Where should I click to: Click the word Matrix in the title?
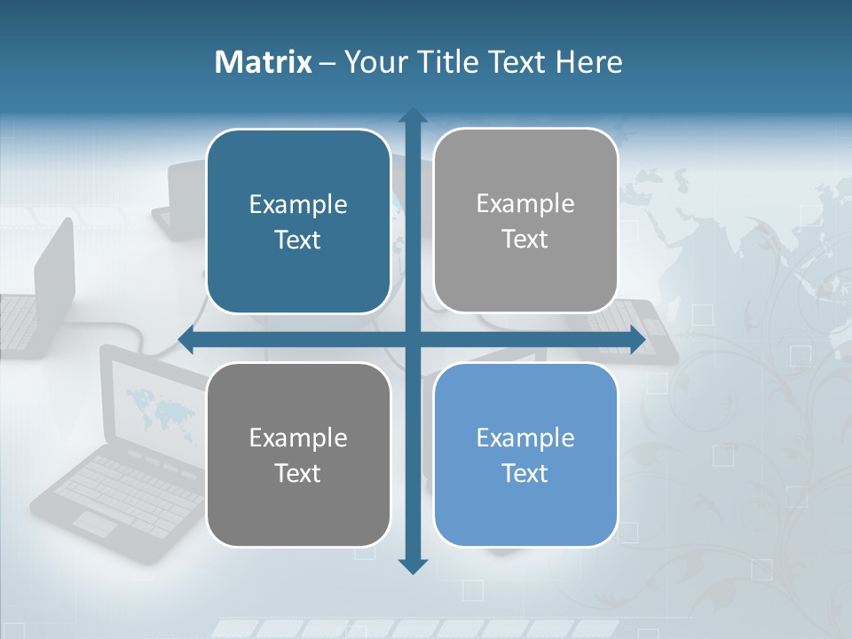[x=264, y=62]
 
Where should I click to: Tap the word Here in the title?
[x=588, y=62]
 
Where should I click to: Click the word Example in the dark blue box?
[x=298, y=205]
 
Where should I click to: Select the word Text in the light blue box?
[x=525, y=473]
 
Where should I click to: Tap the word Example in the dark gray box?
[x=298, y=438]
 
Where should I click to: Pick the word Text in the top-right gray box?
[x=525, y=239]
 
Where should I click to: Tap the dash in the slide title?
[x=327, y=63]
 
